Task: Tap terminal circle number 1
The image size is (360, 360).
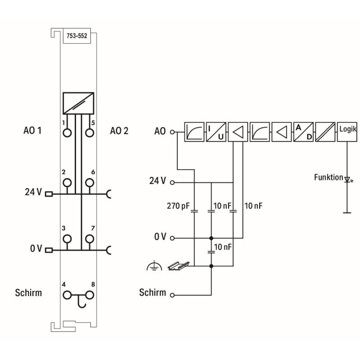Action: click(67, 133)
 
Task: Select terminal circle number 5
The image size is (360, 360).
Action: click(90, 133)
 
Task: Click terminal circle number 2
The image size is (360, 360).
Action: click(67, 182)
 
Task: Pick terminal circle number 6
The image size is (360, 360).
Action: click(90, 182)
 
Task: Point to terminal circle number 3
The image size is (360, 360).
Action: click(67, 238)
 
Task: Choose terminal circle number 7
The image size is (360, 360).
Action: click(90, 238)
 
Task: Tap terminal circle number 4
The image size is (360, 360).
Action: click(67, 295)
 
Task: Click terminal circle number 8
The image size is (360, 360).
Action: click(90, 295)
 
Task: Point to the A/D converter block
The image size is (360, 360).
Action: click(303, 132)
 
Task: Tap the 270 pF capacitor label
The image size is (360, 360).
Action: click(177, 207)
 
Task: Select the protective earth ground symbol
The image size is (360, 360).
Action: click(153, 267)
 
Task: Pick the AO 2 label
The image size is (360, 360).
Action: click(119, 131)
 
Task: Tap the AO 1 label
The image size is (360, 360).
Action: click(32, 131)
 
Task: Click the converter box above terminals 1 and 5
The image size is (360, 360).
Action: click(78, 103)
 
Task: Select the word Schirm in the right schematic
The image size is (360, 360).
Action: click(153, 292)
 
